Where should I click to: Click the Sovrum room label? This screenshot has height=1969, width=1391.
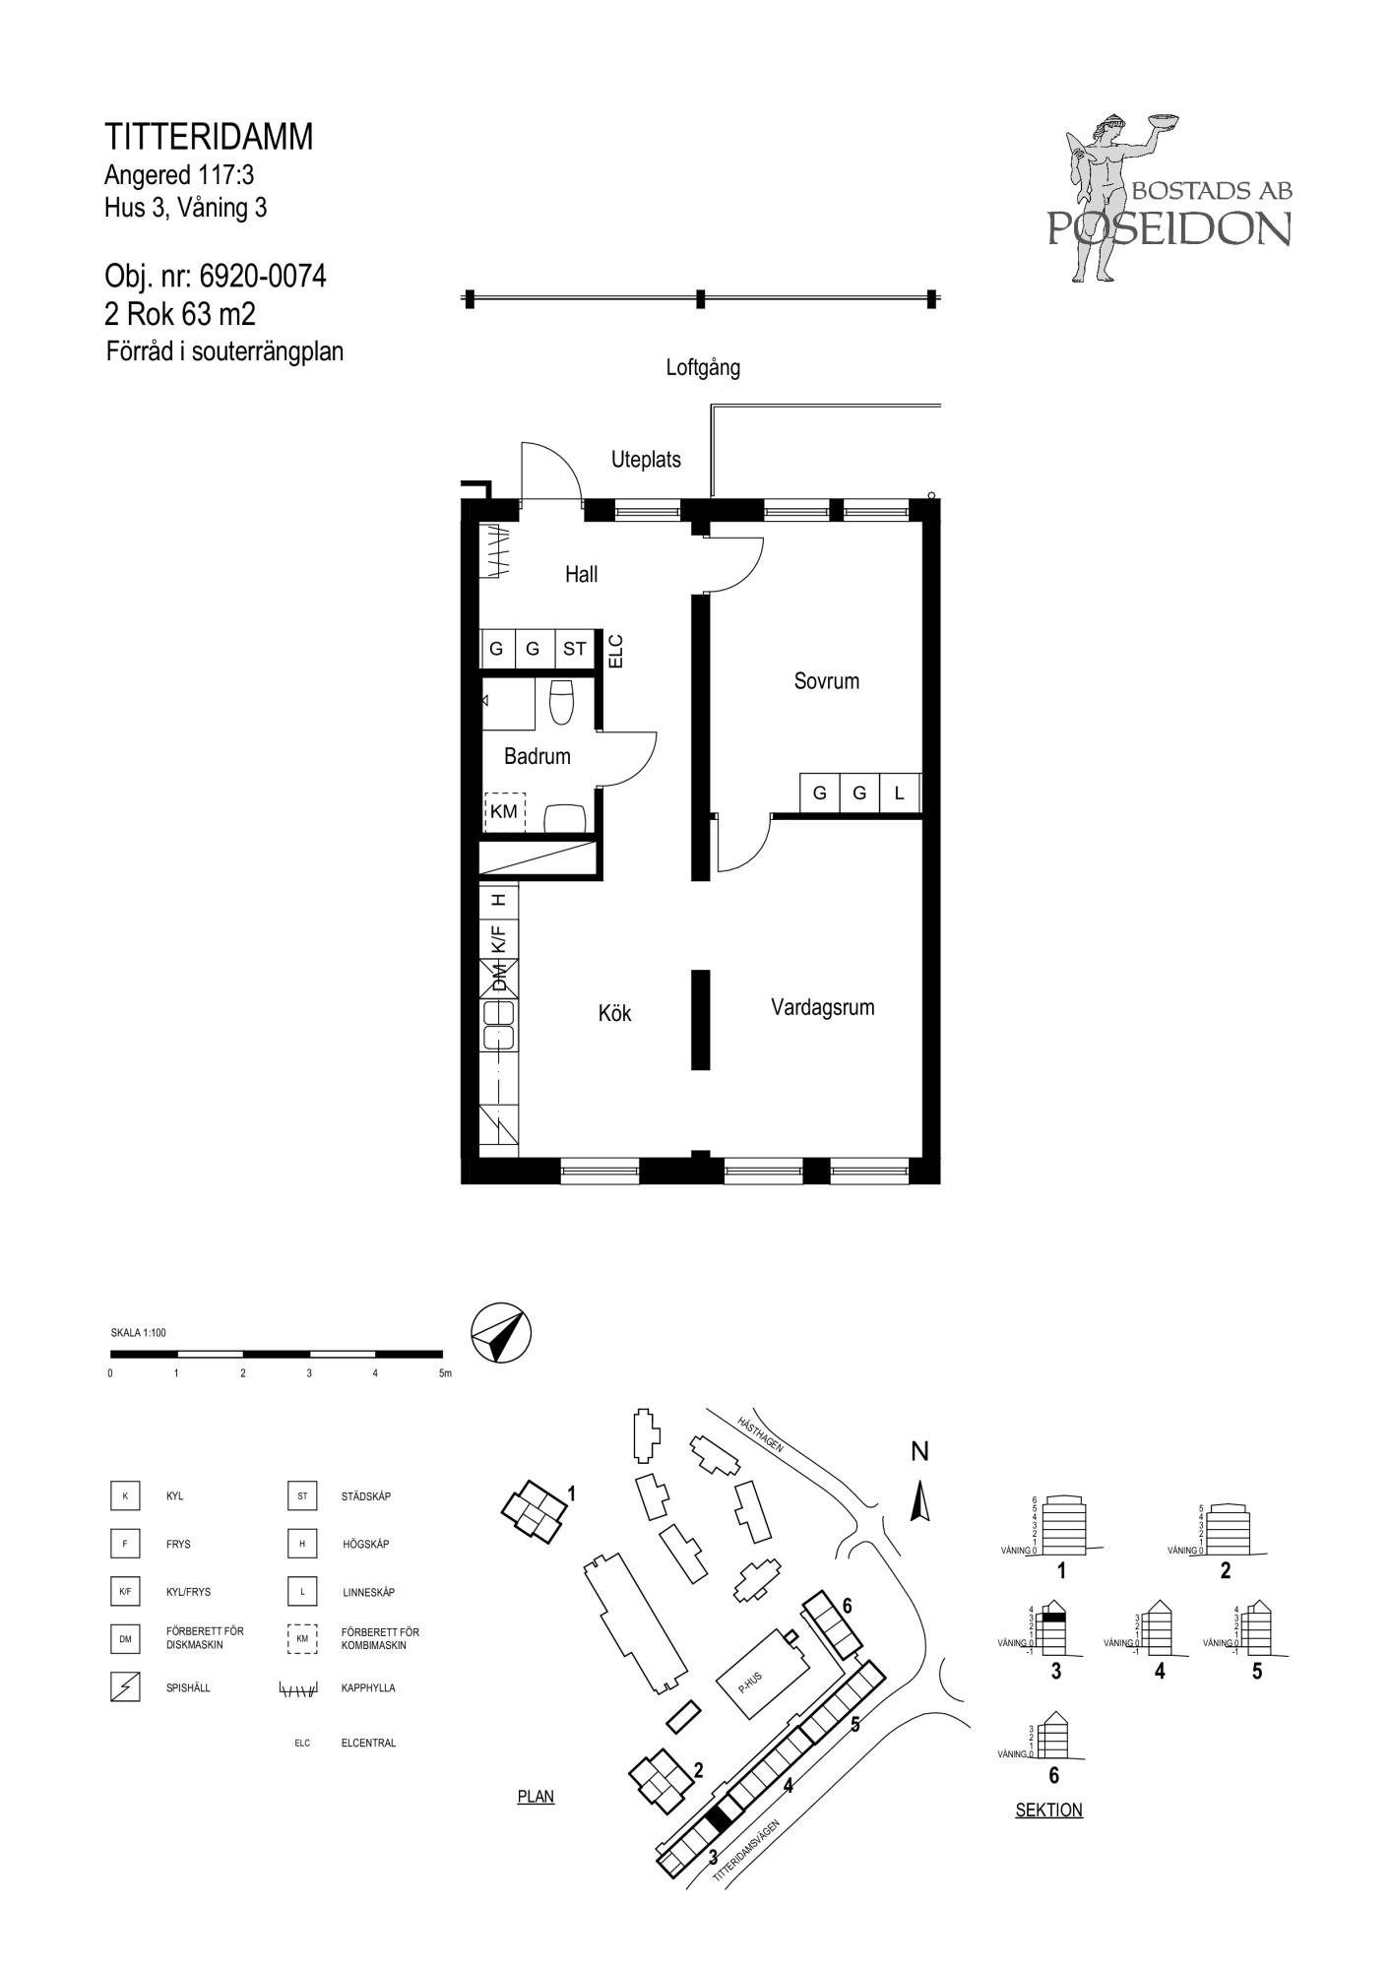coord(826,681)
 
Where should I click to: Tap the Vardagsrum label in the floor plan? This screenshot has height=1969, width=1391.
coord(822,1007)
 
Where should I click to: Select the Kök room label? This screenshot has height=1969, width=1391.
coord(614,1013)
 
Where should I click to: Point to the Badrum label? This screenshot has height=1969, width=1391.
coord(537,756)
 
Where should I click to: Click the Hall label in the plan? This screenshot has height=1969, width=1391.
coord(581,574)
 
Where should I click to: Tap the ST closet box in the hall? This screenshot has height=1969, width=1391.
coord(574,649)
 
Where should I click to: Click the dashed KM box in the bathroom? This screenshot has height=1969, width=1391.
coord(504,811)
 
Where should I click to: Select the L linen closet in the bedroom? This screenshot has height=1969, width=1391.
coord(899,793)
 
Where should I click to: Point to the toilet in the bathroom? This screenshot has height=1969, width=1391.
coord(561,702)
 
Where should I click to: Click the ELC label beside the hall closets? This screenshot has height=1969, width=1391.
coord(616,651)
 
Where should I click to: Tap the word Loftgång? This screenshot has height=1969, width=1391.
coord(703,368)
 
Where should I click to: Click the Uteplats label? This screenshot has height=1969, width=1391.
coord(646,459)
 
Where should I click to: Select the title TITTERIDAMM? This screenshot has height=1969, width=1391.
coord(209,137)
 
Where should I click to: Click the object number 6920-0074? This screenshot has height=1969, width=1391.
coord(263,277)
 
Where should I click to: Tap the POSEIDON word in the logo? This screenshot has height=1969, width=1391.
coord(1169,228)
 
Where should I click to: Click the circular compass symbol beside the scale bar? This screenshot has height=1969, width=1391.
coord(501,1334)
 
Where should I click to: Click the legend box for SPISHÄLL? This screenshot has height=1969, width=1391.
coord(125,1687)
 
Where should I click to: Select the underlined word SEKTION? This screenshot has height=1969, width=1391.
coord(1048,1810)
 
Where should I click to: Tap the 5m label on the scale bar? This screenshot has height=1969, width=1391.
coord(445,1373)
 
